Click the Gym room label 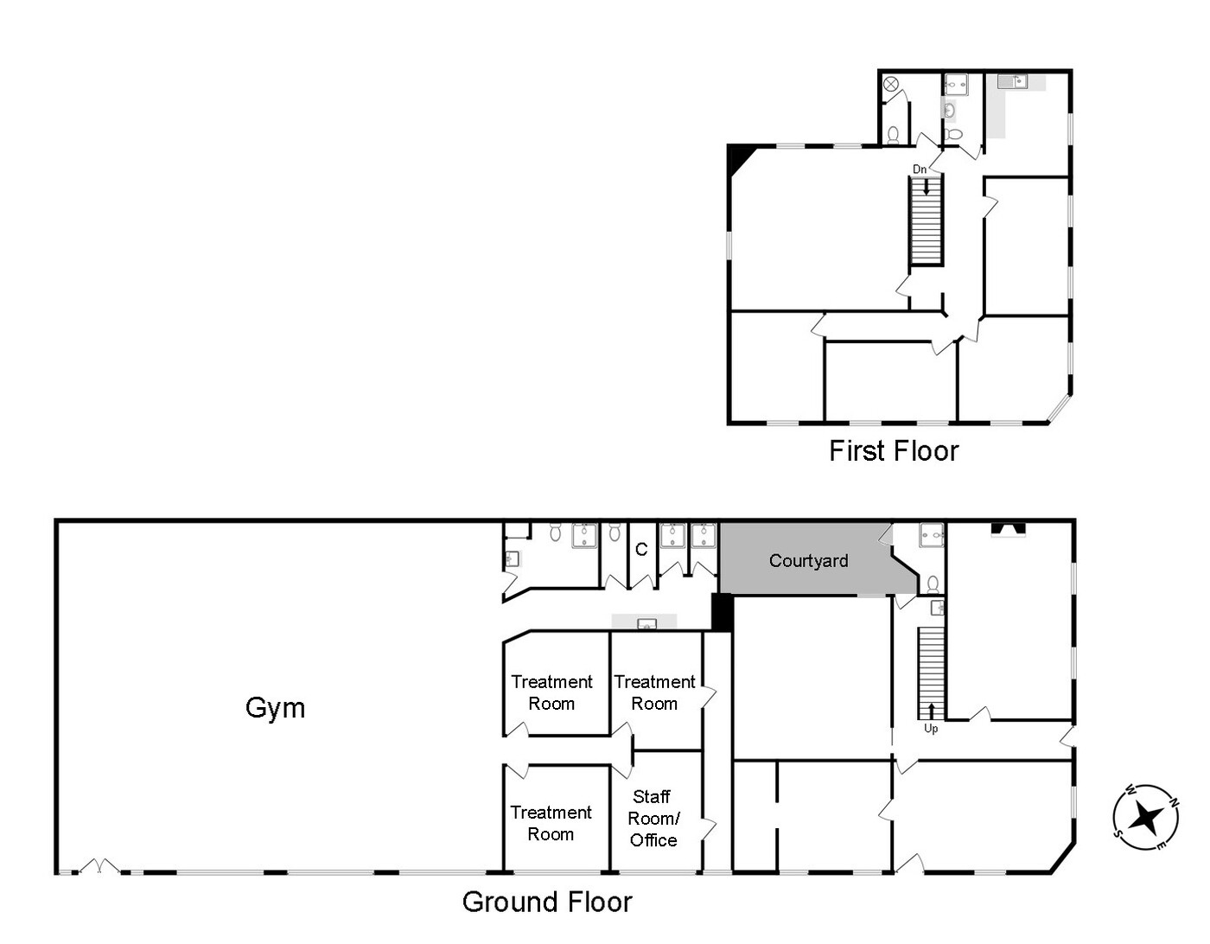click(275, 709)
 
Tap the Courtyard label click(808, 560)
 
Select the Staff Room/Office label click(653, 818)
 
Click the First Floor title click(894, 450)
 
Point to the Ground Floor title click(547, 902)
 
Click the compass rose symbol click(1146, 817)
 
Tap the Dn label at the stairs click(920, 169)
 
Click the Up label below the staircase click(931, 729)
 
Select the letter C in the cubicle click(641, 550)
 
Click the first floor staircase click(926, 220)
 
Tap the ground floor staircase click(932, 673)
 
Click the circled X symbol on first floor click(891, 84)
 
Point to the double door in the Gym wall click(99, 866)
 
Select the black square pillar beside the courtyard click(723, 612)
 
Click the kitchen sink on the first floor click(1012, 82)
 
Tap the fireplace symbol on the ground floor click(1009, 529)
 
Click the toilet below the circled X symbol click(893, 135)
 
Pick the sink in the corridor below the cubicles click(646, 622)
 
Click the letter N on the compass click(1174, 802)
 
